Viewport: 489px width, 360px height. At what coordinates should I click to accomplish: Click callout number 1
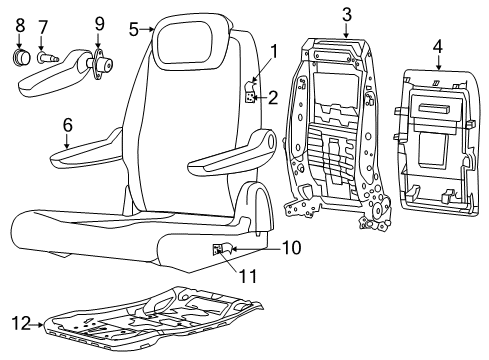click(272, 49)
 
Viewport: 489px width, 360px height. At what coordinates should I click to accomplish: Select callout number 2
click(272, 97)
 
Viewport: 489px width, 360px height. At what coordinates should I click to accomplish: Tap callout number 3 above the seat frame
click(346, 13)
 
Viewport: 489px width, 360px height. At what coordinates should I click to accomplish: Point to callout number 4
click(438, 46)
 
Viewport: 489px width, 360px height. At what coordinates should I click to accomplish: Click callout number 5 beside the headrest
click(134, 29)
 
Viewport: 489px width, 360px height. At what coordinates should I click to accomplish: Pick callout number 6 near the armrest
click(67, 125)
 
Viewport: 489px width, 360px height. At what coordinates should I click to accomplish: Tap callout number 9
click(99, 22)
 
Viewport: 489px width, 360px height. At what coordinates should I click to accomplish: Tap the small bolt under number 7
click(46, 59)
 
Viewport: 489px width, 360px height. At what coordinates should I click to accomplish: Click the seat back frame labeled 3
click(340, 130)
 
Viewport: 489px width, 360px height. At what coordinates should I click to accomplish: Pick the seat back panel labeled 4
click(437, 140)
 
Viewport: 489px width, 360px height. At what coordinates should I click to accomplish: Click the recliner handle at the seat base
click(221, 250)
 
